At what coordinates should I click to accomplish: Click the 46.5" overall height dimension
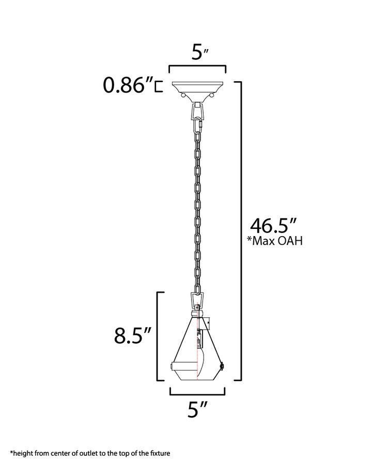[x=273, y=226]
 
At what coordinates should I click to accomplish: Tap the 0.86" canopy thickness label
[x=128, y=86]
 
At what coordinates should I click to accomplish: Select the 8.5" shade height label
[x=132, y=336]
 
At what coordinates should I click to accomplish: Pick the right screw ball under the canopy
[x=212, y=96]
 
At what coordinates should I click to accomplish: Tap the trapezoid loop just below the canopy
[x=197, y=110]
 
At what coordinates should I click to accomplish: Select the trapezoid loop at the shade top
[x=197, y=299]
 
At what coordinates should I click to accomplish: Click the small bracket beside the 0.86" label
[x=159, y=86]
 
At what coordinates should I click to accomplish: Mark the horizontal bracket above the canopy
[x=197, y=68]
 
